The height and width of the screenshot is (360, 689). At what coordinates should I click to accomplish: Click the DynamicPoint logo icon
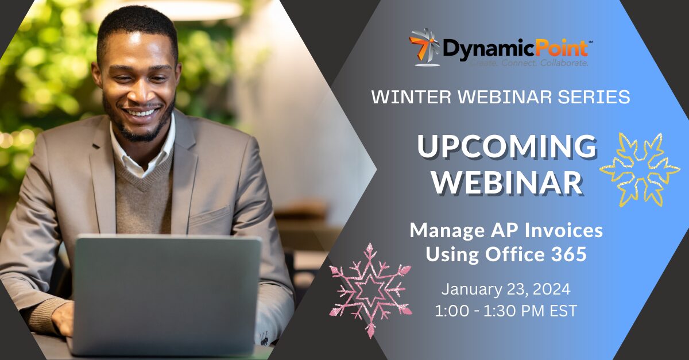point(424,48)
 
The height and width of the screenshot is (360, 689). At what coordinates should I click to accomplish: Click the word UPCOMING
point(507,146)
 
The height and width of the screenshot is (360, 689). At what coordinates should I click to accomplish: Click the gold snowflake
point(640,169)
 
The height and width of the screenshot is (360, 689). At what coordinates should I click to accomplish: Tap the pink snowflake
point(370,291)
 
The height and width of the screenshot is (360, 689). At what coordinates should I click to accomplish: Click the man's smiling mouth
point(142,112)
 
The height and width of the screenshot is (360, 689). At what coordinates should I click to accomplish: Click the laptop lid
point(166,295)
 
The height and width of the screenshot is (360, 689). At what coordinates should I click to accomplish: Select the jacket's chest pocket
point(210,216)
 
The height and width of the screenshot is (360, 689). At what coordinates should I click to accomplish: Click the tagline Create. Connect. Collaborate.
point(529,63)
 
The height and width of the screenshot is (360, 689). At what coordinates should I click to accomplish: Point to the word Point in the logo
point(561,48)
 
